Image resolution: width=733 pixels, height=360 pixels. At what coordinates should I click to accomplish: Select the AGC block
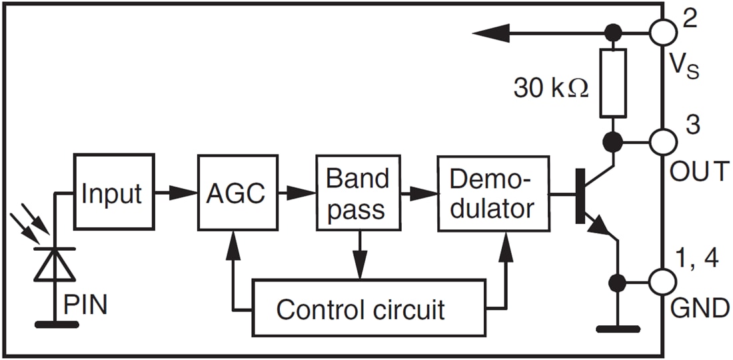237,193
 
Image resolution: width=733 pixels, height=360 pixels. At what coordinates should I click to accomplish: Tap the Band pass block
357,193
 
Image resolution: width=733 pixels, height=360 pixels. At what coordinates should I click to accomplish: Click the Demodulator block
493,193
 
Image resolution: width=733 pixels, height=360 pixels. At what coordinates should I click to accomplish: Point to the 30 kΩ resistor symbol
612,84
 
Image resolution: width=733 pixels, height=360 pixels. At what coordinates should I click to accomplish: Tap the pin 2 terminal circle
662,31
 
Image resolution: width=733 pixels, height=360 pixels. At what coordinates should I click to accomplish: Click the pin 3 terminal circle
662,141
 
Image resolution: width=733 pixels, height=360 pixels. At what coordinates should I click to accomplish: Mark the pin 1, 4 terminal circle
662,281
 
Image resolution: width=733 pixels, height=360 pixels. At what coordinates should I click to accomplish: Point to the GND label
700,308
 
